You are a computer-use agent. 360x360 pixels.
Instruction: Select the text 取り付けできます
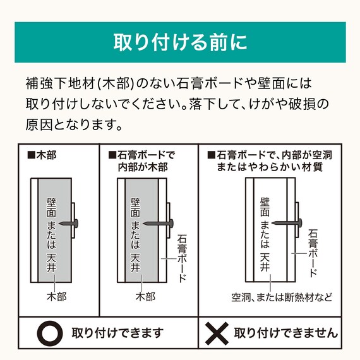click(x=117, y=332)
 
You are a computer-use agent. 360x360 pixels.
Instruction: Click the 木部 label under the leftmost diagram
click(x=56, y=296)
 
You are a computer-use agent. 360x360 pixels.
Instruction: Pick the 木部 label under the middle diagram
click(x=145, y=296)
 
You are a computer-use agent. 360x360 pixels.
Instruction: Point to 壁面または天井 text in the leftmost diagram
click(x=52, y=231)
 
